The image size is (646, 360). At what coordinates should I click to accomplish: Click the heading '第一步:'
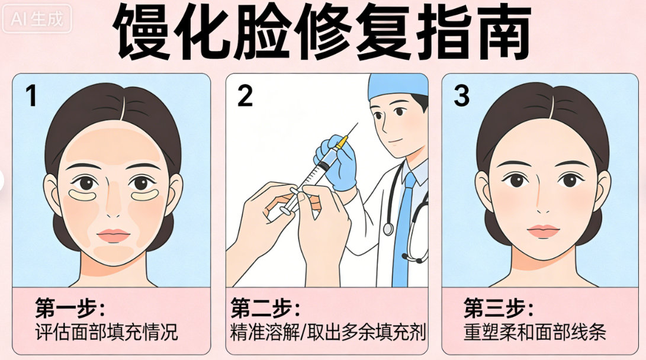69,308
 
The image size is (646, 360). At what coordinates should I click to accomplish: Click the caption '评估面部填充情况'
107,331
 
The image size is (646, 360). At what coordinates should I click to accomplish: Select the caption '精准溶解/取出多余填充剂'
327,331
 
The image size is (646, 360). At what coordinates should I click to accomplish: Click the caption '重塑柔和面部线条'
535,331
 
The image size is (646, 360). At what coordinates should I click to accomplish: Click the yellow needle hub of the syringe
342,143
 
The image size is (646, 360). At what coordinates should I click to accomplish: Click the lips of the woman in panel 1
114,235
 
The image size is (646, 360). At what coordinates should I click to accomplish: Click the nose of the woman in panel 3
542,204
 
